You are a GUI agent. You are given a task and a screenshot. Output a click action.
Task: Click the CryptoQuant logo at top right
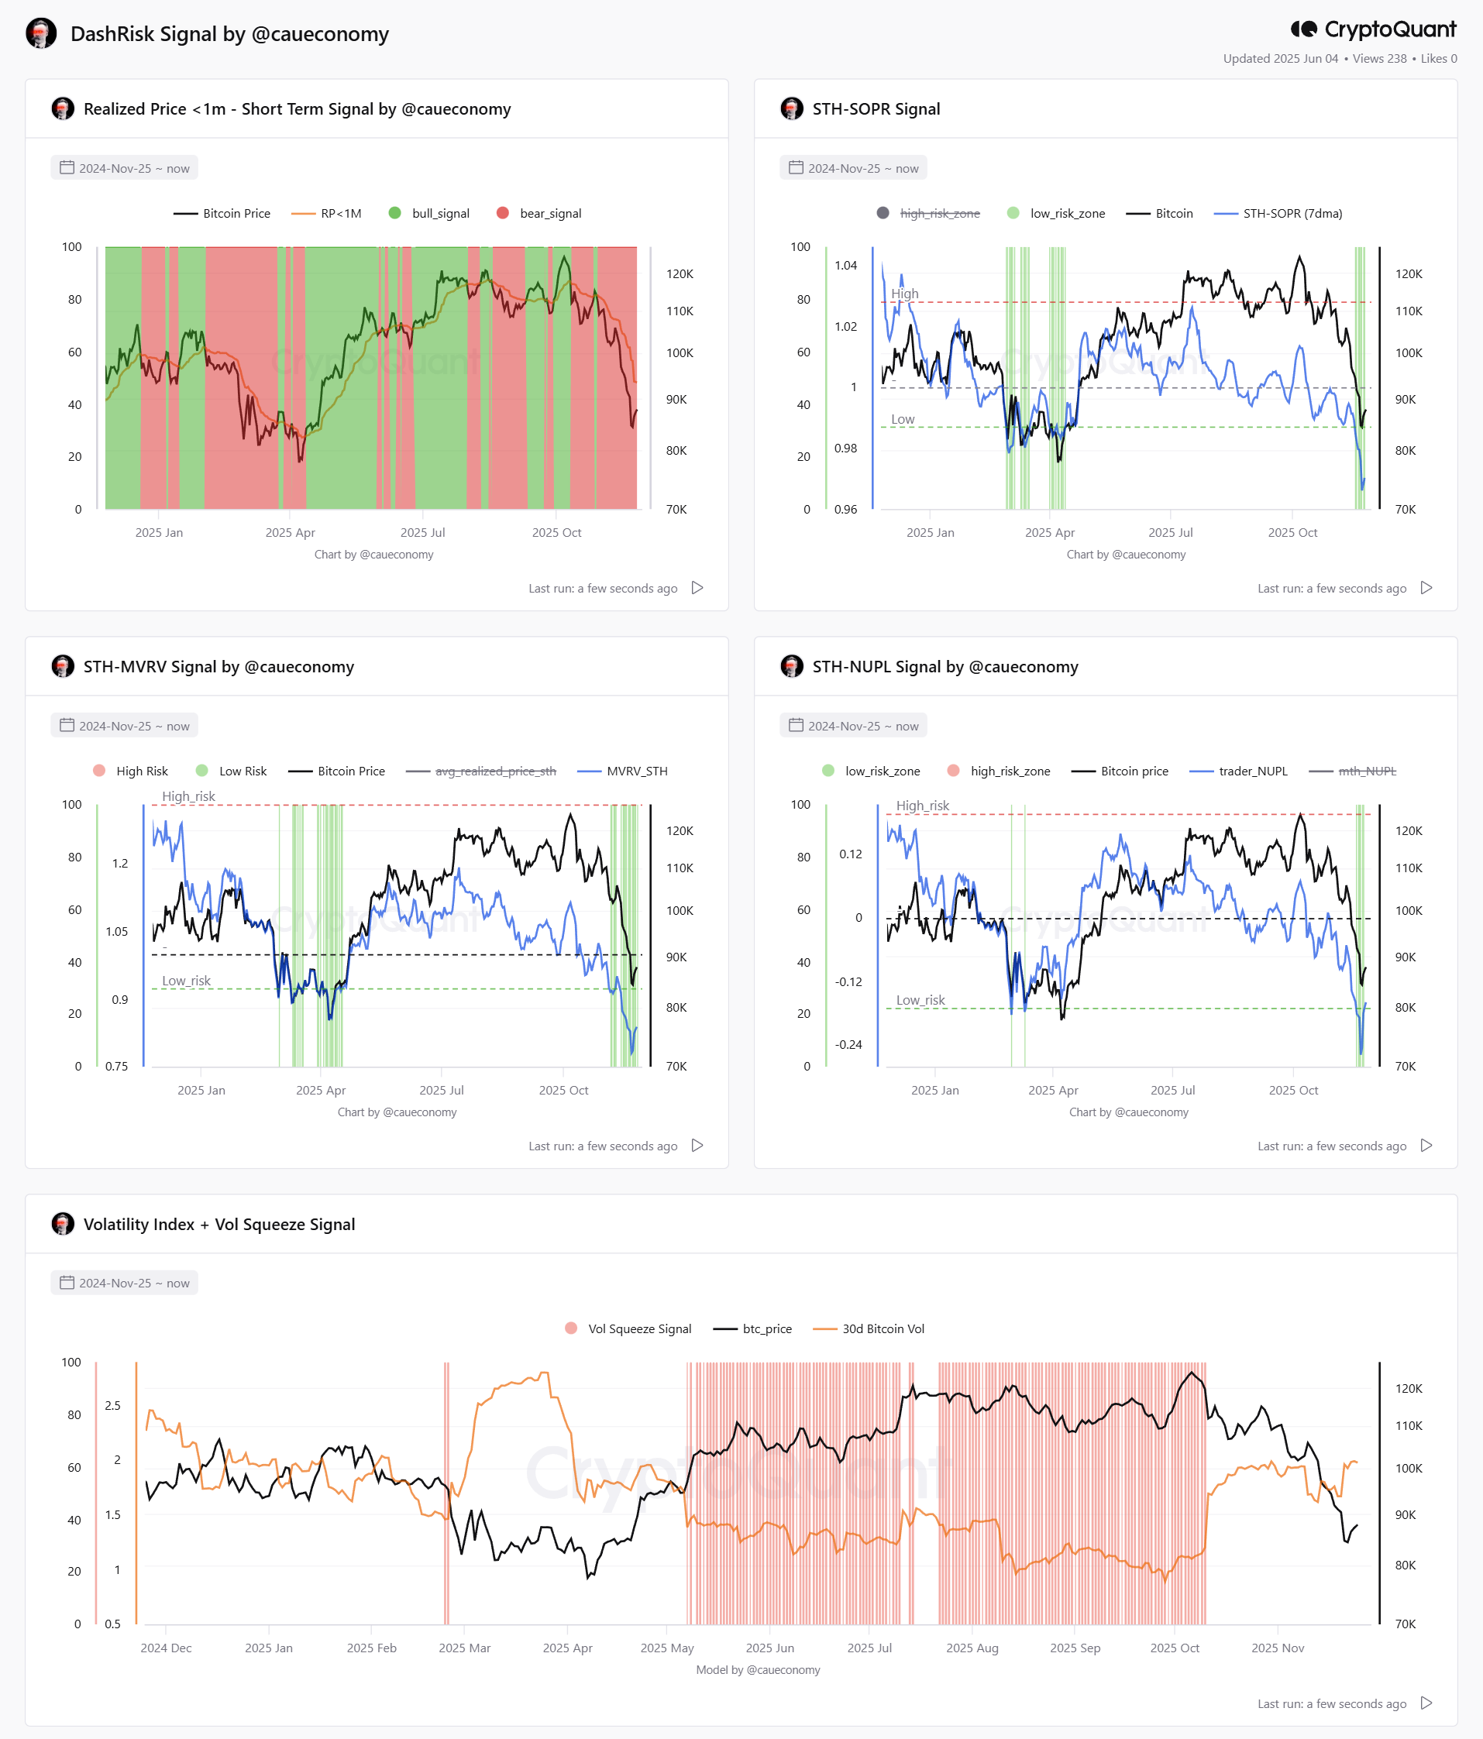click(1373, 29)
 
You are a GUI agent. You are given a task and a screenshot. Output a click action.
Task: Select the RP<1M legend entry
click(326, 213)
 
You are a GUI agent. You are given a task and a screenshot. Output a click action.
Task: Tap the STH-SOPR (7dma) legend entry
click(1278, 213)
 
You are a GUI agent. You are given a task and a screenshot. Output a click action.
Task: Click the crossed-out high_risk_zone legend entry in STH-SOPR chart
click(928, 213)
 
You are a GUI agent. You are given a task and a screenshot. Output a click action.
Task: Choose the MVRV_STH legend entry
click(623, 771)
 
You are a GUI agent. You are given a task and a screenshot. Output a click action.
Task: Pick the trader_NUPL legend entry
click(1239, 771)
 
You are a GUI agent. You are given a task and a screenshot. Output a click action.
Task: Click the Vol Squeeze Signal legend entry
click(628, 1328)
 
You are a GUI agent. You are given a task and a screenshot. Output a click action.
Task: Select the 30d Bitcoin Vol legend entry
click(869, 1328)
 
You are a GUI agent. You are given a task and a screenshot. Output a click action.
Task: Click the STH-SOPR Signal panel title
click(876, 109)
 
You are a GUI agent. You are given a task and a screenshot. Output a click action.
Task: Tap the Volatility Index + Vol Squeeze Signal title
click(219, 1225)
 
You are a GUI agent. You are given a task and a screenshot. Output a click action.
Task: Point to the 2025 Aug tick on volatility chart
click(972, 1648)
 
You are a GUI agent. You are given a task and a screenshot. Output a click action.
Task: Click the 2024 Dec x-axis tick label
click(166, 1648)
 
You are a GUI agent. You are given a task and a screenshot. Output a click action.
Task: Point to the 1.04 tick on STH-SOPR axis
click(845, 265)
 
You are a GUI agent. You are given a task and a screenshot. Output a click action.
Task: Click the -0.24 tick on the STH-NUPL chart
click(848, 1044)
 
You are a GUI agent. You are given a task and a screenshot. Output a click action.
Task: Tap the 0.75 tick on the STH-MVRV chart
click(117, 1066)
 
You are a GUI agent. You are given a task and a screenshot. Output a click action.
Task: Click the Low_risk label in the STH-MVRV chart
click(186, 981)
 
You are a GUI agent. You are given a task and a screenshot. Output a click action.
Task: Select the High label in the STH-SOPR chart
click(905, 294)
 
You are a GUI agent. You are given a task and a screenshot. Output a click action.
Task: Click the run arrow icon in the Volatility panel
click(1426, 1703)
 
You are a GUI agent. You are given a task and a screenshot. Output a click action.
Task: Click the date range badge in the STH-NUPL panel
click(853, 725)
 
